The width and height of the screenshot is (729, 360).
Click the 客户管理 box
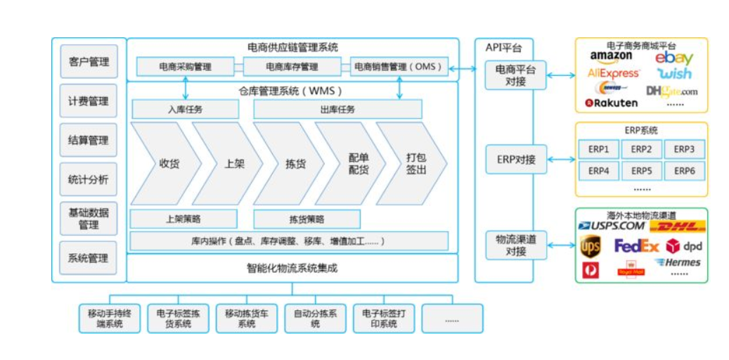point(89,62)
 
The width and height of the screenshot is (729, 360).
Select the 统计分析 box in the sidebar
point(89,179)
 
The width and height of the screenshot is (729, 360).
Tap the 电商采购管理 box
point(185,67)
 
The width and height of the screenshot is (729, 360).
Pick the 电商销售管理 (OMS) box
point(398,67)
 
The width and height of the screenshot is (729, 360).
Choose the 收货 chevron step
point(167,163)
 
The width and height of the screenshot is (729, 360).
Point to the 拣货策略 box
point(307,219)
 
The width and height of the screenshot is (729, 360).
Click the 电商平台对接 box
point(515,75)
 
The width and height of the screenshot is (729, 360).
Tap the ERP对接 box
point(515,160)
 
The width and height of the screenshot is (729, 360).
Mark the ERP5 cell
point(640,170)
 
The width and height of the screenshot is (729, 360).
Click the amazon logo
point(611,56)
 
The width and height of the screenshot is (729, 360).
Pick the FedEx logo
point(636,246)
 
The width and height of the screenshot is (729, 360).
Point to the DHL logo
point(677,226)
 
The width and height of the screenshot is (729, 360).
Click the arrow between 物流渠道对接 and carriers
point(560,245)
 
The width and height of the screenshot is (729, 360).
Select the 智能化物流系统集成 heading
point(292,268)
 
